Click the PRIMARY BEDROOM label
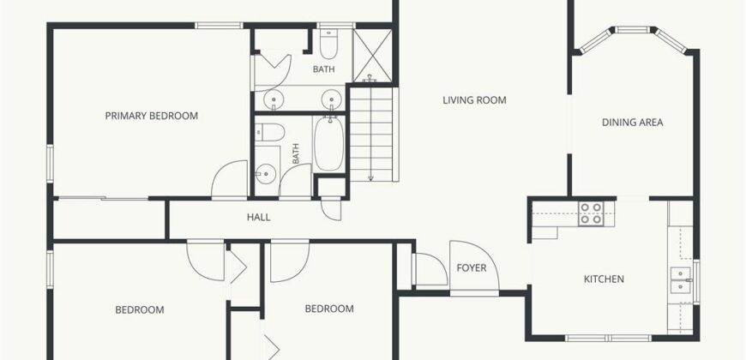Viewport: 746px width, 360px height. pyautogui.click(x=151, y=116)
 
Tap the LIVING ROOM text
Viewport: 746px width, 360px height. pyautogui.click(x=474, y=100)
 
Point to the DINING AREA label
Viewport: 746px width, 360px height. pyautogui.click(x=632, y=123)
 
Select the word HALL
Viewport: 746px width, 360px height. pyautogui.click(x=258, y=218)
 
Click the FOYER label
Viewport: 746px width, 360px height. pyautogui.click(x=472, y=267)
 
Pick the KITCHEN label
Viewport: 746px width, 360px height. pyautogui.click(x=604, y=279)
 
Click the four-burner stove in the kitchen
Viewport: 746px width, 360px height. pyautogui.click(x=591, y=213)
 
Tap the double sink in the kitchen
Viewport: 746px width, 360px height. pyautogui.click(x=681, y=281)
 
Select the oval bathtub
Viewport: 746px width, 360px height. pyautogui.click(x=328, y=145)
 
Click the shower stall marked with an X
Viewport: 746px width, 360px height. pyautogui.click(x=372, y=55)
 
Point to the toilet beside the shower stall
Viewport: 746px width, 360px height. pyautogui.click(x=328, y=43)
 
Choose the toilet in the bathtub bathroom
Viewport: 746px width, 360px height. pyautogui.click(x=270, y=132)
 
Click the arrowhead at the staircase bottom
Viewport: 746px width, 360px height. pyautogui.click(x=370, y=178)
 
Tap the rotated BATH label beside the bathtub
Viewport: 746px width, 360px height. pyautogui.click(x=296, y=154)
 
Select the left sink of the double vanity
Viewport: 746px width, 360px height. pyautogui.click(x=274, y=100)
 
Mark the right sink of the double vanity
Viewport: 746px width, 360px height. pyautogui.click(x=331, y=100)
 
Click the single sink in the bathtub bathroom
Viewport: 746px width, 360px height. pyautogui.click(x=265, y=174)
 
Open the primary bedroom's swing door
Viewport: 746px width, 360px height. pyautogui.click(x=230, y=179)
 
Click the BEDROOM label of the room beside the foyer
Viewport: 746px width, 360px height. pyautogui.click(x=329, y=309)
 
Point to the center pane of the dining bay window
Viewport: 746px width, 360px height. pyautogui.click(x=632, y=30)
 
